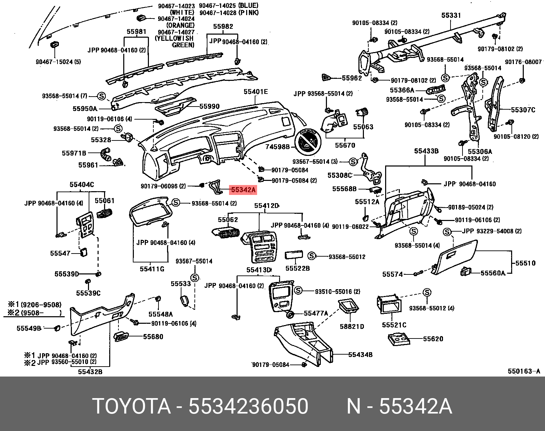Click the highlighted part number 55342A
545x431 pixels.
pyautogui.click(x=243, y=190)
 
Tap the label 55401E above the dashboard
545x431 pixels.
pyautogui.click(x=256, y=92)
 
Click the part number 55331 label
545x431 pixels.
pyautogui.click(x=451, y=15)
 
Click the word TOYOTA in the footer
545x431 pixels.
pyautogui.click(x=131, y=407)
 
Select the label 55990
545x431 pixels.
pyautogui.click(x=210, y=107)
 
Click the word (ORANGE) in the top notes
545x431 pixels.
pyautogui.click(x=180, y=25)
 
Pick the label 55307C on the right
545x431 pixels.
pyautogui.click(x=523, y=110)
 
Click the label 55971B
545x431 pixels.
pyautogui.click(x=74, y=153)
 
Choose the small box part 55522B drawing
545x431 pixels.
pyautogui.click(x=294, y=255)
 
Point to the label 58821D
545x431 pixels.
pyautogui.click(x=352, y=327)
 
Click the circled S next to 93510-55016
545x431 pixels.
pyautogui.click(x=298, y=291)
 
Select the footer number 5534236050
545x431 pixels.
pyautogui.click(x=248, y=407)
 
